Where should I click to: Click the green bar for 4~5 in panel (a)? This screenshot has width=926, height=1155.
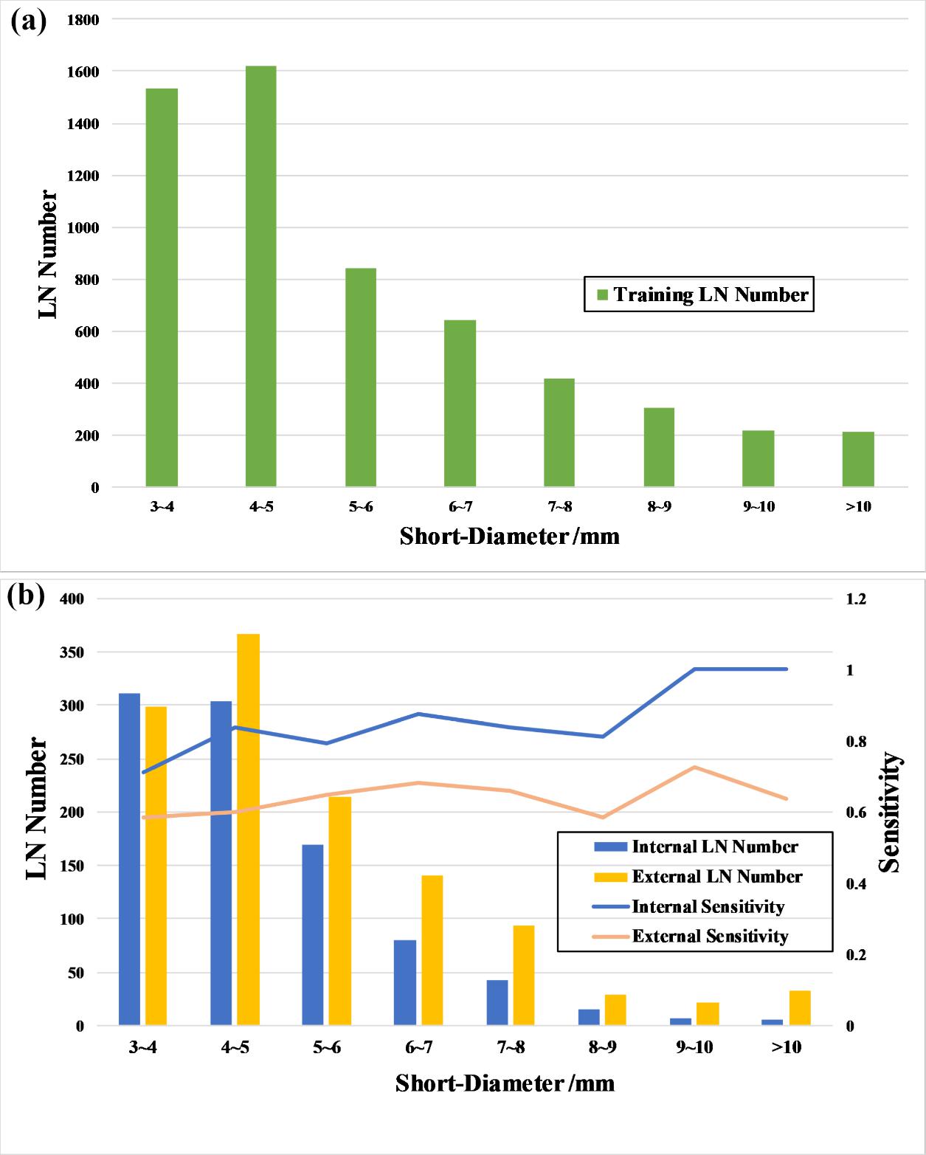pos(261,277)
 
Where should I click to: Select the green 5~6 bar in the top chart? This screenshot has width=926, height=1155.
pos(361,377)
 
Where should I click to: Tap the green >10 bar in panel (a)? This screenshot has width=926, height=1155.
pos(858,459)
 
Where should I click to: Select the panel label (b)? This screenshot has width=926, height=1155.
pos(26,595)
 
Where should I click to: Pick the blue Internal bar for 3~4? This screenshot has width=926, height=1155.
pos(130,859)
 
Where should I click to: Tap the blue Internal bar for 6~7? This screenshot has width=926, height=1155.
pos(405,982)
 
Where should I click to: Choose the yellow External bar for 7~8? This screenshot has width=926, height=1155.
pos(523,975)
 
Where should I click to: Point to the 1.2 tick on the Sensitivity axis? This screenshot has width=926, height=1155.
pos(856,599)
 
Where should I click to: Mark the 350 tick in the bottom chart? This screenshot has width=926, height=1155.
pos(72,652)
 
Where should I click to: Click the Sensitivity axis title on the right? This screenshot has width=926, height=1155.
pos(891,812)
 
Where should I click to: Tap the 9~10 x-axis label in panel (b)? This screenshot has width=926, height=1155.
pos(694,1047)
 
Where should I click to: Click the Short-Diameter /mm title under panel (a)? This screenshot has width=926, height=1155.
pos(509,537)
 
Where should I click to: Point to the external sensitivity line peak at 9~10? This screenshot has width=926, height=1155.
pos(694,768)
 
